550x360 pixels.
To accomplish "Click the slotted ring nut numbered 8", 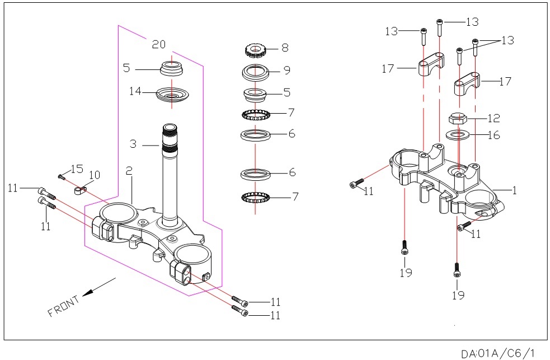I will tap(256, 51).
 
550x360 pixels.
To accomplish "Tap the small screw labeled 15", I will tap(62, 177).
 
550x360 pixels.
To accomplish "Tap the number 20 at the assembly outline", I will tap(159, 44).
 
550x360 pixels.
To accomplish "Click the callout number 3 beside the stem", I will tap(133, 144).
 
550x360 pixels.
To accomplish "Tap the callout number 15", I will tap(77, 168).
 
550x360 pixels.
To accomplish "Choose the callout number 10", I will tap(95, 176).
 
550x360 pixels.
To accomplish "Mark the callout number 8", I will tap(285, 48).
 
